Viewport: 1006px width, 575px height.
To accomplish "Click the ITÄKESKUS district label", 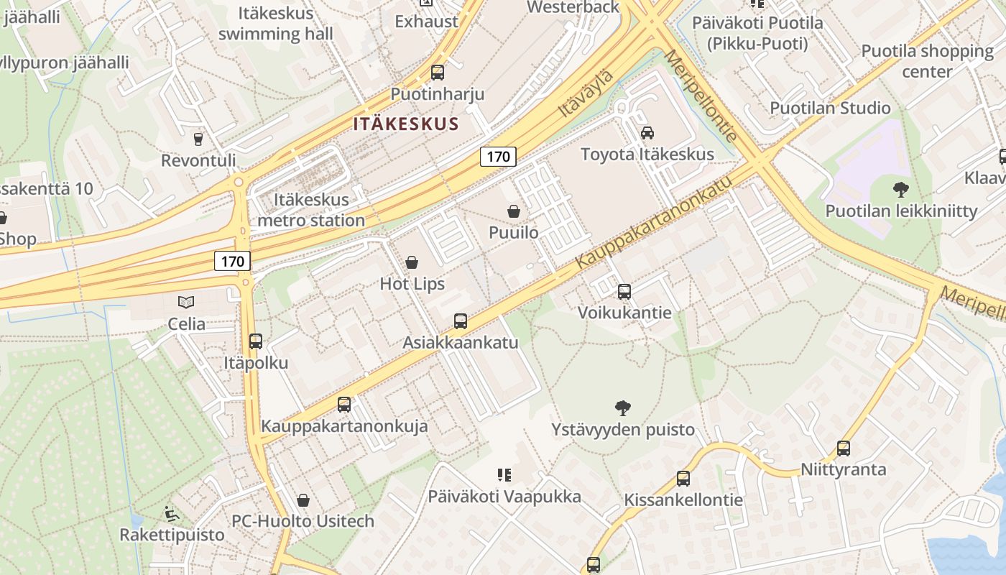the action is pos(406,124).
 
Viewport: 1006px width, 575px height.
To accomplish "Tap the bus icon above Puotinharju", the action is pos(437,73).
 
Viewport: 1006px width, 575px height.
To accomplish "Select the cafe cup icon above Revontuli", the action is pos(198,139).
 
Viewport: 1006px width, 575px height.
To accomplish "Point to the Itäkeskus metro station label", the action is pos(311,210).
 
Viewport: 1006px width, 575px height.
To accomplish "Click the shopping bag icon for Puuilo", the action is pos(514,211).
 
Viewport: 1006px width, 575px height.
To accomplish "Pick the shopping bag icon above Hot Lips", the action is pos(412,262).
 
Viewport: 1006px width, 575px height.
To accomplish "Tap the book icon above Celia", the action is pos(186,303).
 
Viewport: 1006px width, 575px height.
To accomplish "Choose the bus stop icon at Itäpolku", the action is pos(255,341).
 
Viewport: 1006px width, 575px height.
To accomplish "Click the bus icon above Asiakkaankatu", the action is pos(461,321).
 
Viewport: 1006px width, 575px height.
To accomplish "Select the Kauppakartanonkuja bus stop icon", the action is pos(344,405).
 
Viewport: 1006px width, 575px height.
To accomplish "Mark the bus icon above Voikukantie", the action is pos(624,292).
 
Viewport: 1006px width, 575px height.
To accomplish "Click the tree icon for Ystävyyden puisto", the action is pos(623,408).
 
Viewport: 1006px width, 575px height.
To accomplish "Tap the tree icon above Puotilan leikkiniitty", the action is pos(900,190).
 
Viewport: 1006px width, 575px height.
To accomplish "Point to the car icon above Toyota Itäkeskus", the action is pos(647,133).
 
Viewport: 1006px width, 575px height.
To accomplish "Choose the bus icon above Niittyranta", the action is pos(844,448).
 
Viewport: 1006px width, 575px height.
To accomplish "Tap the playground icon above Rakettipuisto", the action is pos(171,514).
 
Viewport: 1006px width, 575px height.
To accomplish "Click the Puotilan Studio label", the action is pos(830,108).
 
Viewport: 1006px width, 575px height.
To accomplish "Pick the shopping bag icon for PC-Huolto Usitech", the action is pos(303,500).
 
